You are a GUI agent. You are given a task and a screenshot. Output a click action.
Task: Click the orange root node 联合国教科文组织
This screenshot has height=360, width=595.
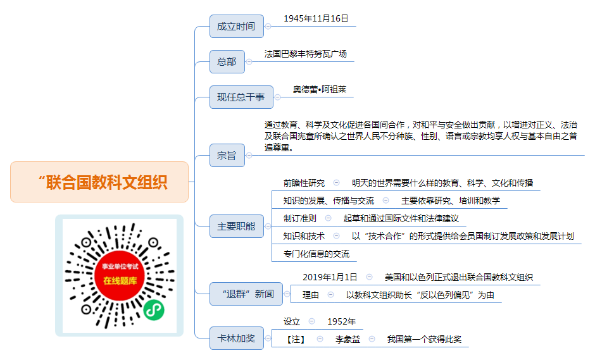point(99,182)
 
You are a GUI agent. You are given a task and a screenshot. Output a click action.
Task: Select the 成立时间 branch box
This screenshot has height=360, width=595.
point(236,26)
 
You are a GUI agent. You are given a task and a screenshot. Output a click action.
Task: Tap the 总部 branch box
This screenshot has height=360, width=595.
point(227,61)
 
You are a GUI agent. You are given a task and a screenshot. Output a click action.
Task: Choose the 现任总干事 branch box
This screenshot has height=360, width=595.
point(241,97)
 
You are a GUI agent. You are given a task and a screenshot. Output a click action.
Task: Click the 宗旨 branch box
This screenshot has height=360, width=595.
point(227,155)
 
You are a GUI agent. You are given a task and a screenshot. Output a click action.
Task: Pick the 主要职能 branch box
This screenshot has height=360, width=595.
point(236,226)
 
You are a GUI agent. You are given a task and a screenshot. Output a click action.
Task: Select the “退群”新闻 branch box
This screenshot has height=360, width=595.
point(246,294)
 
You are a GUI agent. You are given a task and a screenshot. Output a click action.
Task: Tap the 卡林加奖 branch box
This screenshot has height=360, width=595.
point(236,338)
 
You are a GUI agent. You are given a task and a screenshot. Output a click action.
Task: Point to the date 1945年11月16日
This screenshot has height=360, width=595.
point(316,18)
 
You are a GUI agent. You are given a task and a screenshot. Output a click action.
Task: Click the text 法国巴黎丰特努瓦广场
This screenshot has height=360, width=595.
point(306,54)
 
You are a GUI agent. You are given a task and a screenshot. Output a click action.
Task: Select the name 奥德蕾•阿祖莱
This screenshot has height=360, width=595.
point(320,90)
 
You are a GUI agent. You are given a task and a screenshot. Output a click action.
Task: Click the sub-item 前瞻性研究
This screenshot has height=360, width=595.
point(304,183)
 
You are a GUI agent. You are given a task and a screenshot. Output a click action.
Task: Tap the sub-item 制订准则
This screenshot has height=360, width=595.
point(300,218)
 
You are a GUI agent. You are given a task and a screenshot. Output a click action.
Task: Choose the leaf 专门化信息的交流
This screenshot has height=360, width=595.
point(316,254)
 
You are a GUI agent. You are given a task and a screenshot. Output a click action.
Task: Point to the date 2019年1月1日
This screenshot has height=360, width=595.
point(330,277)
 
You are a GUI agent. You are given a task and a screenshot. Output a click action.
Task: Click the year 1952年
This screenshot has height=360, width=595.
point(342,321)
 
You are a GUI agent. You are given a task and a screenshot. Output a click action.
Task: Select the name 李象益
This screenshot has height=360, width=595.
point(348,339)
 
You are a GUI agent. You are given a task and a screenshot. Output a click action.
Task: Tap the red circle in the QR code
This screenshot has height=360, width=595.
point(120,275)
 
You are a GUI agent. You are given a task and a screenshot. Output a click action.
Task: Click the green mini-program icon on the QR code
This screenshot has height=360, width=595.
point(154,310)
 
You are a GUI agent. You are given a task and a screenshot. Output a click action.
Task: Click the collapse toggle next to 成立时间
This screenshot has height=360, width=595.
point(268,26)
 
